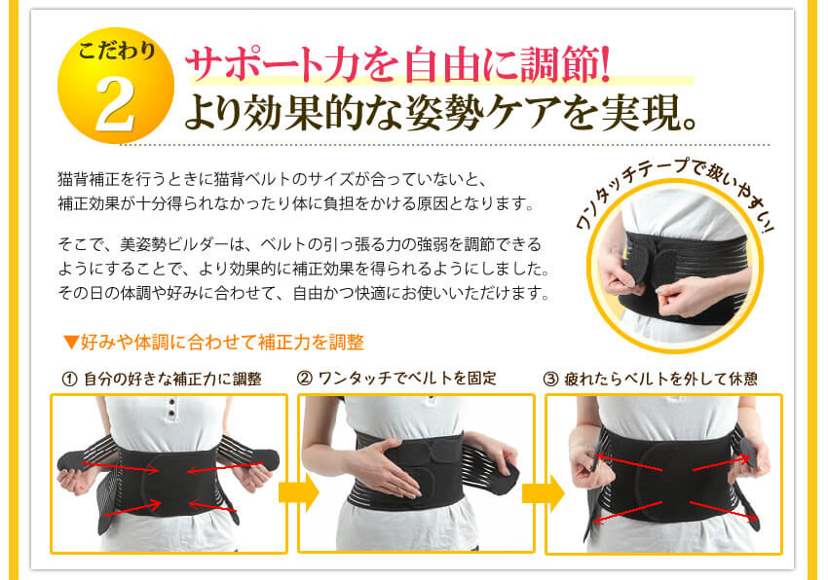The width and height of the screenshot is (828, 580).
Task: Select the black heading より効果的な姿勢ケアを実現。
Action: click(x=442, y=113)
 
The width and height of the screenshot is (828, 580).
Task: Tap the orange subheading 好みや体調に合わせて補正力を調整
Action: click(x=220, y=343)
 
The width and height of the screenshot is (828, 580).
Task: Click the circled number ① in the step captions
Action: click(x=68, y=379)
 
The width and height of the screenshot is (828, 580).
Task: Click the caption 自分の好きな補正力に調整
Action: click(x=172, y=379)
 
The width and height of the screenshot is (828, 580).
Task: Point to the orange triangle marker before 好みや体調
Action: click(x=69, y=343)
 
